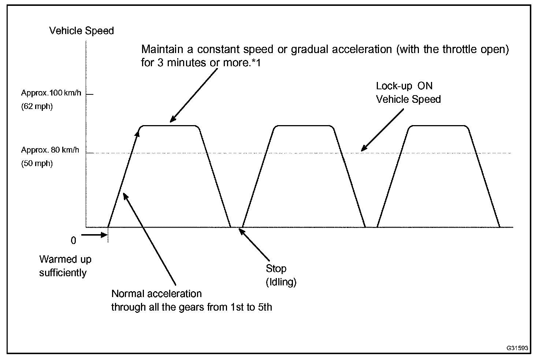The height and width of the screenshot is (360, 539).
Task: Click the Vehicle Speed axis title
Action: coord(81,31)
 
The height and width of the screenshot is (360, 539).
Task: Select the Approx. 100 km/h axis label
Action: coord(51,93)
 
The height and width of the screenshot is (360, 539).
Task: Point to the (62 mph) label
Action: coord(37,107)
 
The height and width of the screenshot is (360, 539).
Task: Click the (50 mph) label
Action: coord(37,164)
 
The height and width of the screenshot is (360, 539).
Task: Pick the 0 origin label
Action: coord(73,241)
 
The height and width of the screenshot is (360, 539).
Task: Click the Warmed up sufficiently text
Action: coord(65,266)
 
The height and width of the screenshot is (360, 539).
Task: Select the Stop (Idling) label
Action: coord(280,275)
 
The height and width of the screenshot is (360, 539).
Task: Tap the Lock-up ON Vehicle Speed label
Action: coord(408,93)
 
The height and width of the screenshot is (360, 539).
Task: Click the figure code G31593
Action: coord(517,348)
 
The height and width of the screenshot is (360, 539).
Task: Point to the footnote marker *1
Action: coord(257,63)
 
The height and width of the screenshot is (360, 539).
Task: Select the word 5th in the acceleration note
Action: coord(265,307)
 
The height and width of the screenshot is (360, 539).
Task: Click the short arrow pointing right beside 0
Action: coord(94,235)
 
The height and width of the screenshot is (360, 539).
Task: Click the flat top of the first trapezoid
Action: coord(170,125)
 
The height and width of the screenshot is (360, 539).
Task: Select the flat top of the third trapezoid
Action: coord(438,125)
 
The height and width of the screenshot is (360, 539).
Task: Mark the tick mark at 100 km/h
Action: coord(90,94)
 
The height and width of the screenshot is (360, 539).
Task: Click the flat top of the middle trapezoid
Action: coord(304,125)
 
